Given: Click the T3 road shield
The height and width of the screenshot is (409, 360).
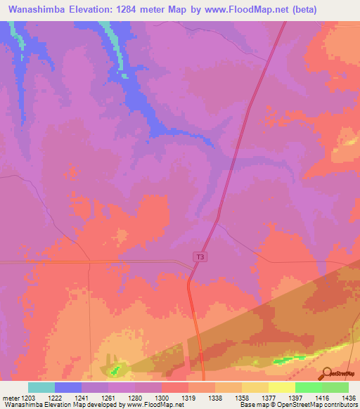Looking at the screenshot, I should click(200, 257).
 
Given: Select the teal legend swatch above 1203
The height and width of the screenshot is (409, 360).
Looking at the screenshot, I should click(41, 387).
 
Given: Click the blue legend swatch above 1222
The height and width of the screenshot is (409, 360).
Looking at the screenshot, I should click(67, 387).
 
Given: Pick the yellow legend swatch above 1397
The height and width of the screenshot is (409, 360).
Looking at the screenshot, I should click(281, 387).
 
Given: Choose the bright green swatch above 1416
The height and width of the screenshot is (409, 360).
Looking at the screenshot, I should click(308, 387).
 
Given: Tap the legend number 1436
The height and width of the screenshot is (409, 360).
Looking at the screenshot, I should click(347, 398).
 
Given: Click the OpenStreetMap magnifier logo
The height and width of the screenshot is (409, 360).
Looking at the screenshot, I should click(327, 372).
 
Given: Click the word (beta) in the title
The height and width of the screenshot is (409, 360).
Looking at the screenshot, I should click(298, 10).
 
